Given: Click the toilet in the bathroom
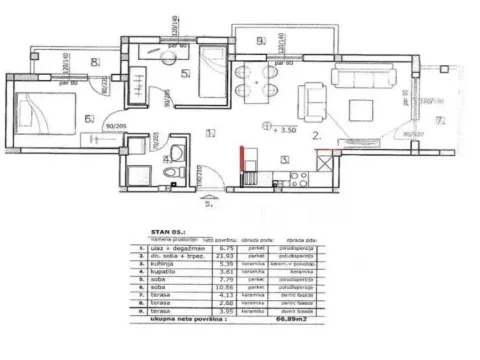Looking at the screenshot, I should point(176,153).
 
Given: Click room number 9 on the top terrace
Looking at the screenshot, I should point(260,41).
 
